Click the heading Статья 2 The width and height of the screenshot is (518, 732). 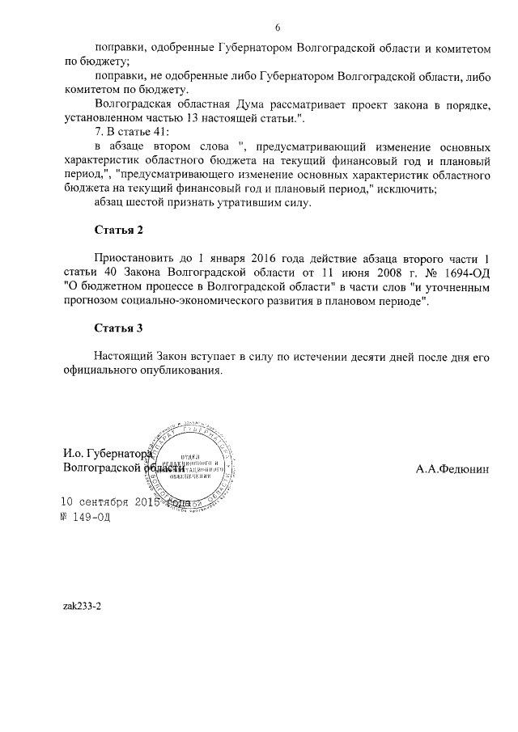point(118,231)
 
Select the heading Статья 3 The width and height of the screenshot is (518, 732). point(118,328)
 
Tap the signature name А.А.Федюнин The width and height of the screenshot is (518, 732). point(452,469)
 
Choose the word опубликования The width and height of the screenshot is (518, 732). point(180,370)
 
